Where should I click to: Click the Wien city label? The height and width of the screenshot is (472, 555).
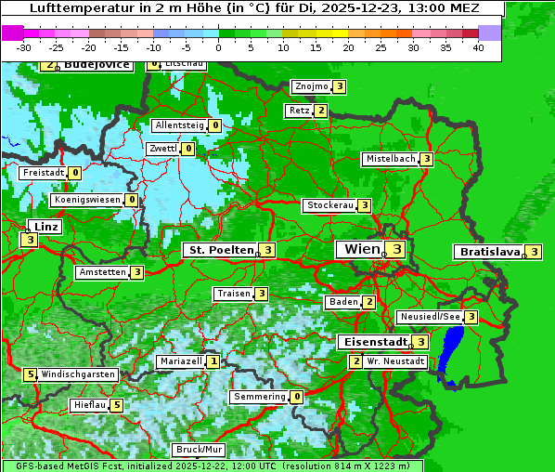tap(362, 249)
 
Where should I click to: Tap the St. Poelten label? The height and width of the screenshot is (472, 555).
tap(220, 250)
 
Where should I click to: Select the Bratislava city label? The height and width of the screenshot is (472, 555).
tap(488, 252)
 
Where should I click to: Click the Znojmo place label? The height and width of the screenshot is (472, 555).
tap(311, 86)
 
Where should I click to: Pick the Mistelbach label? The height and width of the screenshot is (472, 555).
tap(390, 159)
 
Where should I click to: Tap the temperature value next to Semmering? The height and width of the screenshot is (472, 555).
tap(297, 397)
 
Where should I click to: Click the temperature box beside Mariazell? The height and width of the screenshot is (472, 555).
tap(213, 361)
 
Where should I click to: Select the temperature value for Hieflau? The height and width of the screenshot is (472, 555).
tap(116, 405)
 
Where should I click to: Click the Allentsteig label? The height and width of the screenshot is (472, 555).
tap(179, 125)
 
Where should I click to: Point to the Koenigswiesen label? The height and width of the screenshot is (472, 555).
tap(87, 200)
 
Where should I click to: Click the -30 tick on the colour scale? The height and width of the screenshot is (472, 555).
tap(24, 46)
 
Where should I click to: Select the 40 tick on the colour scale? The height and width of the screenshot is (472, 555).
tap(478, 46)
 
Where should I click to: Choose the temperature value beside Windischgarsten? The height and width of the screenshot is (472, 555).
tap(31, 374)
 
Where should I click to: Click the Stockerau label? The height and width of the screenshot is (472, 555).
tap(329, 205)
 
